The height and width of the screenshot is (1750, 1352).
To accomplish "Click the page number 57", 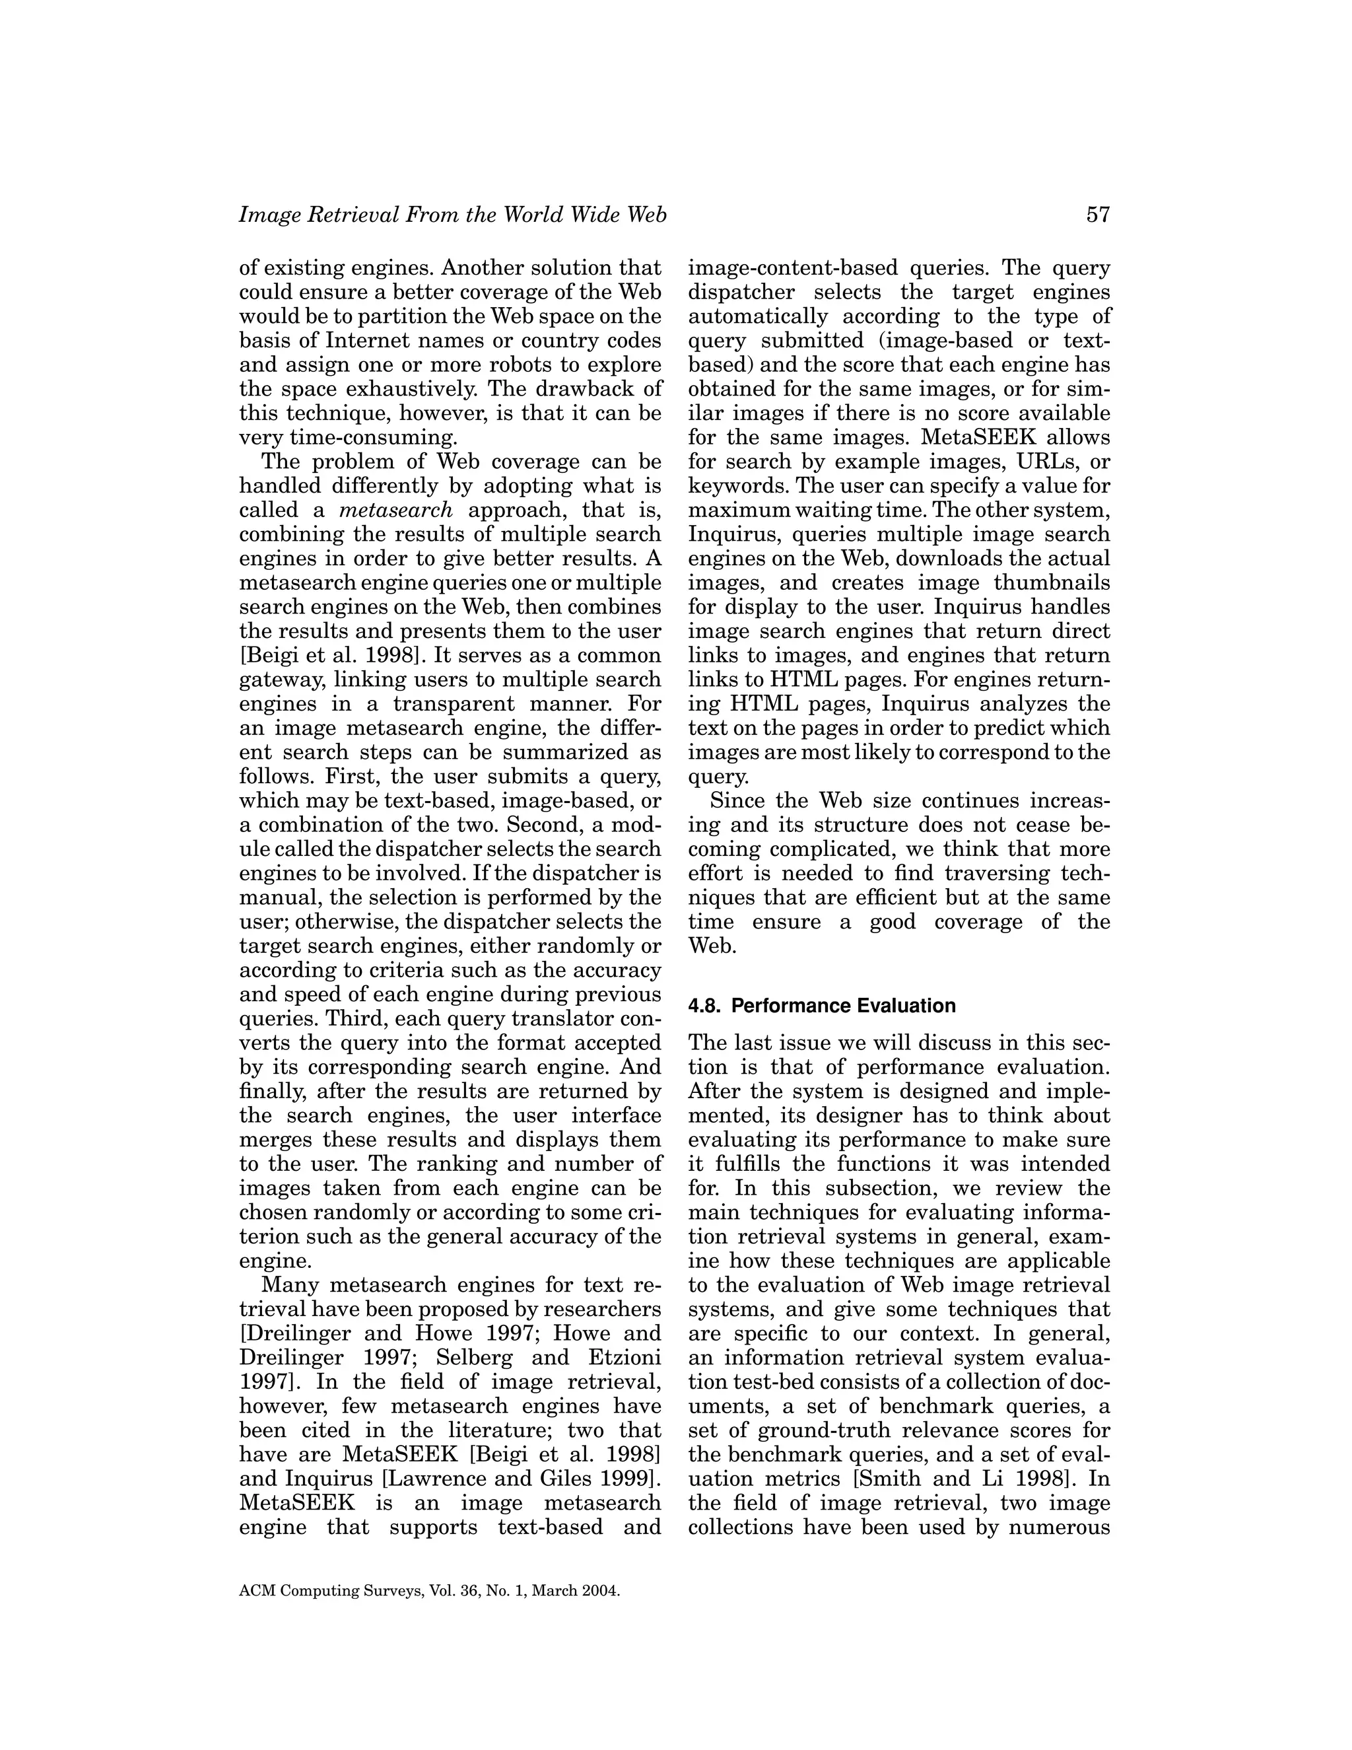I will (x=1097, y=215).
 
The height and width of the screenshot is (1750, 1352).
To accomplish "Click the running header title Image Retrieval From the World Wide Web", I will (x=452, y=215).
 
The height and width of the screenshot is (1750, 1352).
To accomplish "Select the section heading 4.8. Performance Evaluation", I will (x=822, y=1006).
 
